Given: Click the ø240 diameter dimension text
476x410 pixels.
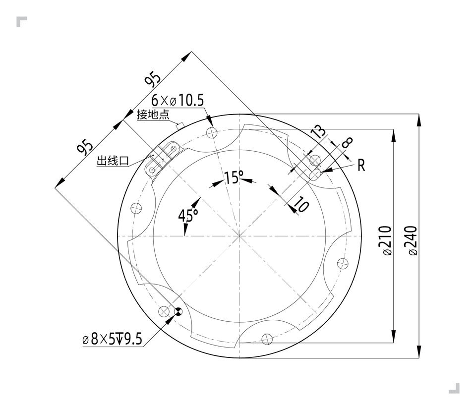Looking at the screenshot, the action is (x=413, y=240).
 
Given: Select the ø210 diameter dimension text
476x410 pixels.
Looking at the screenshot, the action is (x=387, y=240).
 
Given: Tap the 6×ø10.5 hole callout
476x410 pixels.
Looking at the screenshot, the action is (x=178, y=100).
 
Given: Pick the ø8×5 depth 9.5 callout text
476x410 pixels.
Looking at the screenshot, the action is (x=113, y=339).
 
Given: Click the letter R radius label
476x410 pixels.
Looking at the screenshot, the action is (x=361, y=166).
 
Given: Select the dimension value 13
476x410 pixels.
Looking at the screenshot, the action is (x=319, y=132).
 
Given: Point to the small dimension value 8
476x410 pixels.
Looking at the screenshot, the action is (x=347, y=142).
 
